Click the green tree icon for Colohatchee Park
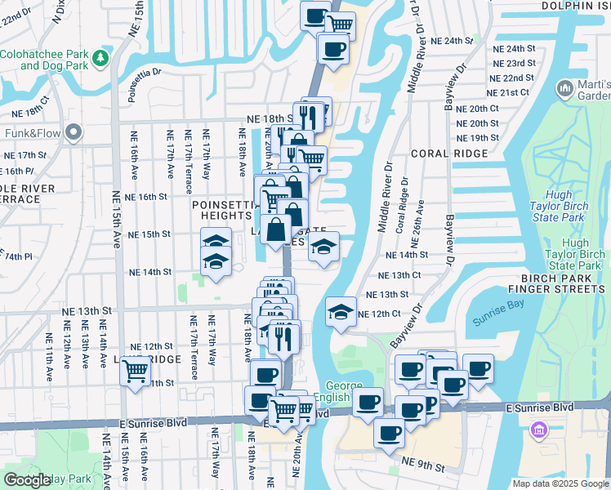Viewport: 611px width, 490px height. point(100,58)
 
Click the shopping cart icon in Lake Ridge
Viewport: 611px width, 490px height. point(135,372)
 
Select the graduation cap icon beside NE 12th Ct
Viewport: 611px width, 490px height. point(341,311)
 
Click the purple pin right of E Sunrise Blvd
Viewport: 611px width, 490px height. point(538,430)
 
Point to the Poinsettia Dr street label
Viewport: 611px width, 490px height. point(145,71)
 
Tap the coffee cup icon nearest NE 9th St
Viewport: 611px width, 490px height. point(390,432)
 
